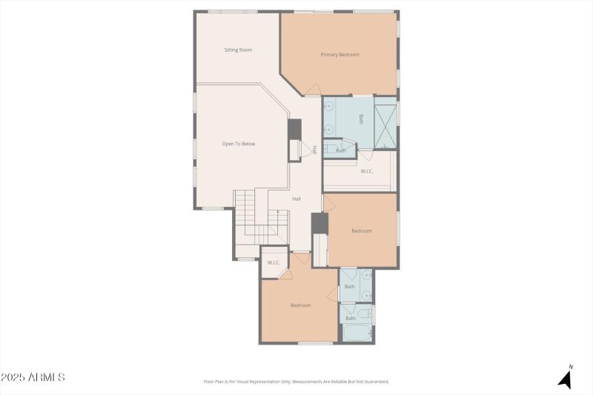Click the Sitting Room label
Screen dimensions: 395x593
pos(239,50)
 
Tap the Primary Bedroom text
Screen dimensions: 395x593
pos(339,54)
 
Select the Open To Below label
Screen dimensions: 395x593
pos(239,144)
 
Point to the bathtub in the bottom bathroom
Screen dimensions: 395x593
pos(357,333)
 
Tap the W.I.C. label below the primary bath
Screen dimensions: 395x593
pos(366,171)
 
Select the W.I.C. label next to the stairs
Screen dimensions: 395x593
pos(273,262)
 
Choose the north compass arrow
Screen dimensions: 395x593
pos(566,378)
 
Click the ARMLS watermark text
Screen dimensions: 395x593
pos(33,378)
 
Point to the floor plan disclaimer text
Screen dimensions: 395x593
pos(296,382)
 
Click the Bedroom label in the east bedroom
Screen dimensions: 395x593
pos(361,231)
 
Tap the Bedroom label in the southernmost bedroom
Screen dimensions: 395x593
pos(300,305)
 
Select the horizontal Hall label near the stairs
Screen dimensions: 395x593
pos(296,199)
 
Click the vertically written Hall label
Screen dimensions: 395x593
pos(314,149)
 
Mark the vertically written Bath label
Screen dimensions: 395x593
pos(362,118)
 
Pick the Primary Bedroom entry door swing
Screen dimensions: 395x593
pos(313,90)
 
